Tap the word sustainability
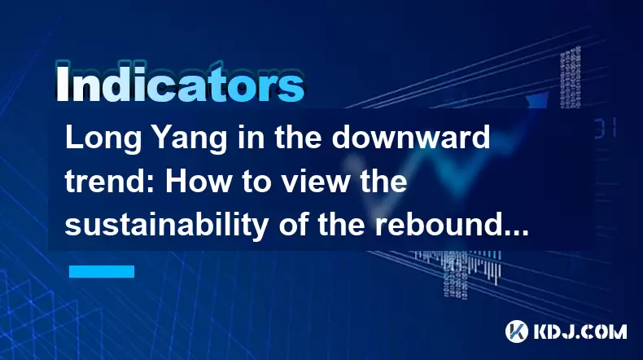click(167, 226)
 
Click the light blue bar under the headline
click(102, 271)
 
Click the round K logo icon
click(517, 331)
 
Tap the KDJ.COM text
click(580, 331)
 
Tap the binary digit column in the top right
click(571, 77)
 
